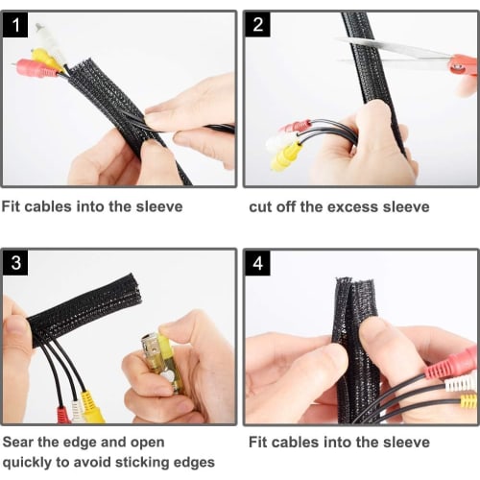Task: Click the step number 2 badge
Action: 258,26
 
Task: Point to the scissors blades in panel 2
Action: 384,48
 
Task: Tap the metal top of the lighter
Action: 152,343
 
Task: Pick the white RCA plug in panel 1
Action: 44,36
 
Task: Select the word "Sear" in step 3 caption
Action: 20,443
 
